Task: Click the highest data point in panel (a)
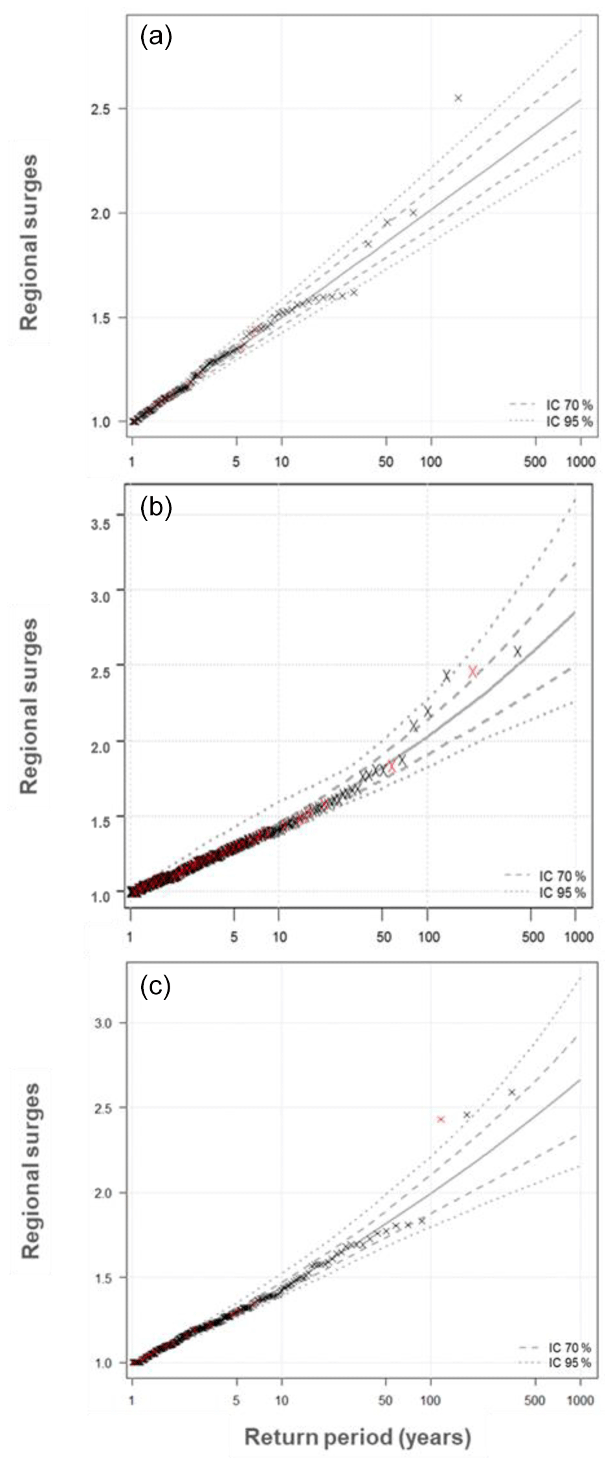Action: pyautogui.click(x=458, y=98)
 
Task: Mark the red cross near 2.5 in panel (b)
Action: pyautogui.click(x=473, y=672)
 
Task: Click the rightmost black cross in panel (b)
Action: pyautogui.click(x=518, y=651)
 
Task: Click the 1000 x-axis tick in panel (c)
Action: pyautogui.click(x=579, y=1401)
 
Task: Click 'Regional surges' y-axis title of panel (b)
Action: pyautogui.click(x=30, y=705)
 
